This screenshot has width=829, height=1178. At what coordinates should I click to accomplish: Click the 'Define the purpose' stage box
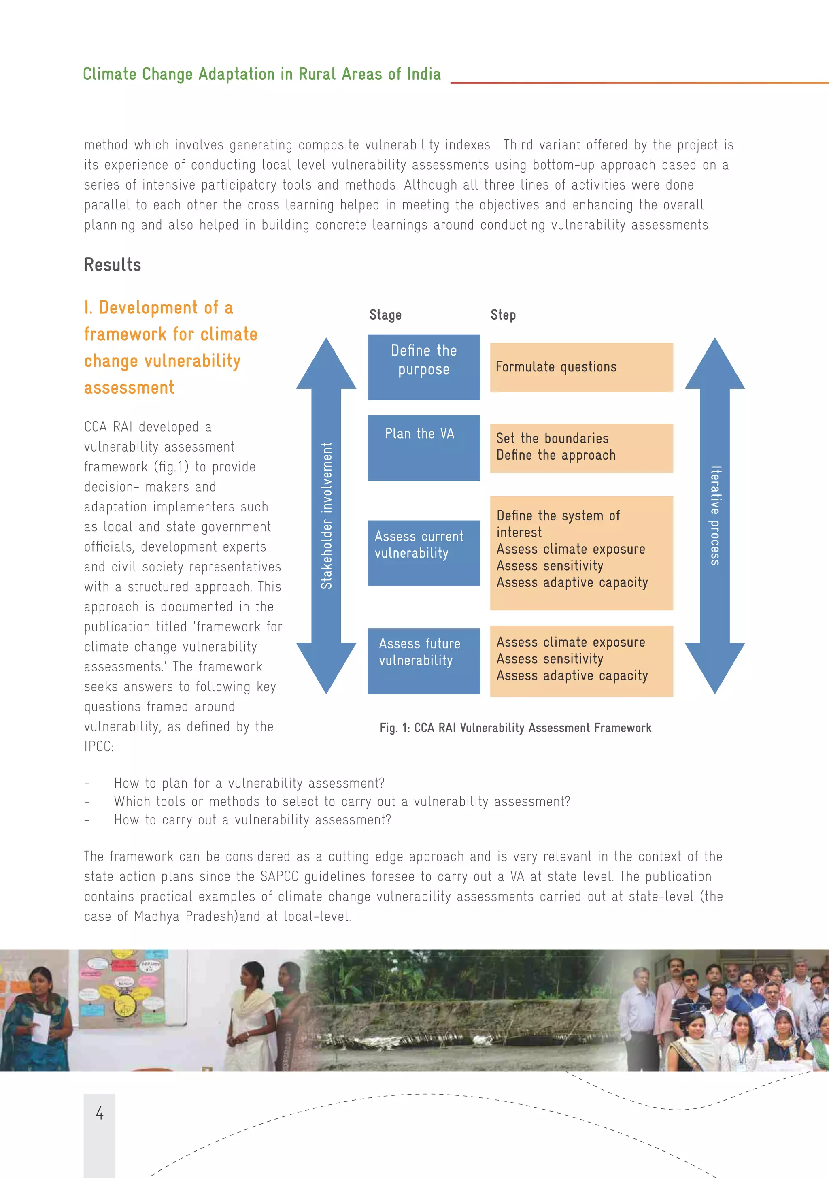point(424,367)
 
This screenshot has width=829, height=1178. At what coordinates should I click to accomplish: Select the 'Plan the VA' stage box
point(424,447)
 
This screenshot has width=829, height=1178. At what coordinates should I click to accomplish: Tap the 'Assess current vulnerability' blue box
point(424,553)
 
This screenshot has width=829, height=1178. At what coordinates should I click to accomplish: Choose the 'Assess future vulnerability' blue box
point(424,660)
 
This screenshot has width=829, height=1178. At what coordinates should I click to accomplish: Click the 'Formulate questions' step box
point(581,367)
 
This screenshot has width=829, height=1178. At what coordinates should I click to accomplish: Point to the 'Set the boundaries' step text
point(552,438)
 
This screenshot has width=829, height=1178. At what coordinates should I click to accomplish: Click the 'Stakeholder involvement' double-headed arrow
point(326,516)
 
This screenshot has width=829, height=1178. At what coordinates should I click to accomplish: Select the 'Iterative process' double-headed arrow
point(714,516)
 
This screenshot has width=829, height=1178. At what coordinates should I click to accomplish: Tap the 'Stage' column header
point(385,315)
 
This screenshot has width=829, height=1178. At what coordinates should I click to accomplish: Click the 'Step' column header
point(503,315)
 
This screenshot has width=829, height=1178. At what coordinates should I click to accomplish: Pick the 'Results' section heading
point(113,265)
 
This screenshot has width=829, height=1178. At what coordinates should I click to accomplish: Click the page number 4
point(100,1113)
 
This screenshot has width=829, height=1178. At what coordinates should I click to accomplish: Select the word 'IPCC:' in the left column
point(98,746)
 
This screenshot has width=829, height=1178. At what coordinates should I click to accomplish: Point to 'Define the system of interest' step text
point(558,523)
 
